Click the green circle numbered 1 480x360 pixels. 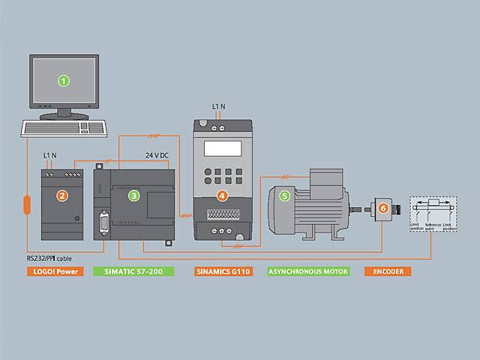(x=64, y=79)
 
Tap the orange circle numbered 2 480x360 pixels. (x=63, y=196)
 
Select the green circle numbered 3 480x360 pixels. (x=133, y=196)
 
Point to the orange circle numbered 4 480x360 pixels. (x=221, y=196)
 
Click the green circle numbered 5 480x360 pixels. (x=284, y=196)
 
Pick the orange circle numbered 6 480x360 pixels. (x=383, y=208)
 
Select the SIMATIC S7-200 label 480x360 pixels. (x=132, y=270)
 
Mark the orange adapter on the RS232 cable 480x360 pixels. (x=26, y=204)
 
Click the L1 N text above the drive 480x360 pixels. (x=219, y=106)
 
